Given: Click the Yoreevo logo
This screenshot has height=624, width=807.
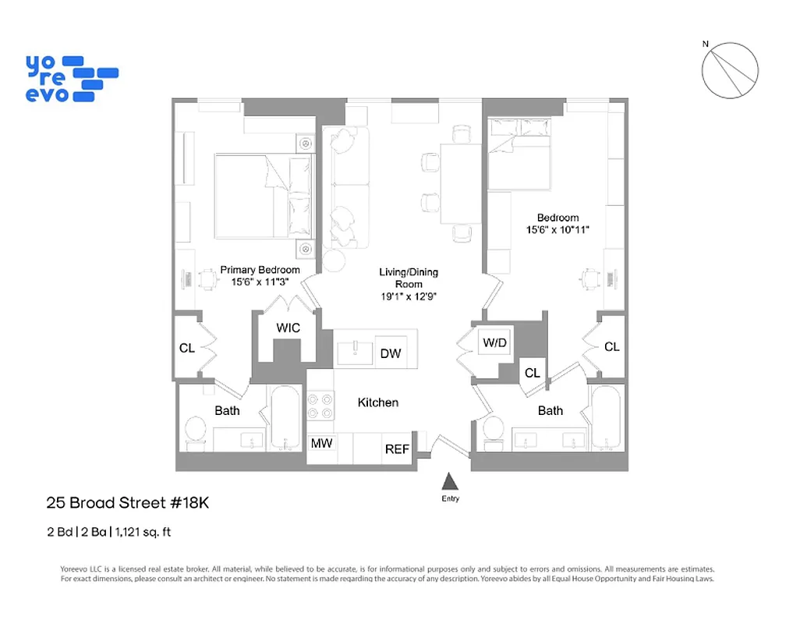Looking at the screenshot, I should pos(71,78).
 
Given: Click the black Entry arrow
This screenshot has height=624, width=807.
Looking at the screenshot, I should pos(448,481).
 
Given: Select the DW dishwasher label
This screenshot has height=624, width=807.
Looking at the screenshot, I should pos(391,354).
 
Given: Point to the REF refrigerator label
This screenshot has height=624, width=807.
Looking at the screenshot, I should pos(397,449).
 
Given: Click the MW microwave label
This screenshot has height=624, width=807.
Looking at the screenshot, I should pos(322,444).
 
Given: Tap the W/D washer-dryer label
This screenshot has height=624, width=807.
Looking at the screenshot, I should pos(495,342).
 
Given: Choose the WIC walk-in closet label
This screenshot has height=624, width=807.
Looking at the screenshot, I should pos(288,328).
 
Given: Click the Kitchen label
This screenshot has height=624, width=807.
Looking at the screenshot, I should pos(378,402).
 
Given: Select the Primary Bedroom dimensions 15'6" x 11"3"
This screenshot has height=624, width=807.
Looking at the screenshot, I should pos(260,282).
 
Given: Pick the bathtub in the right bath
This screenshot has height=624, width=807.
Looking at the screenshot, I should pos(606,418).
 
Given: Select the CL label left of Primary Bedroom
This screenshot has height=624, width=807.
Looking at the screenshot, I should pos(187,348).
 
